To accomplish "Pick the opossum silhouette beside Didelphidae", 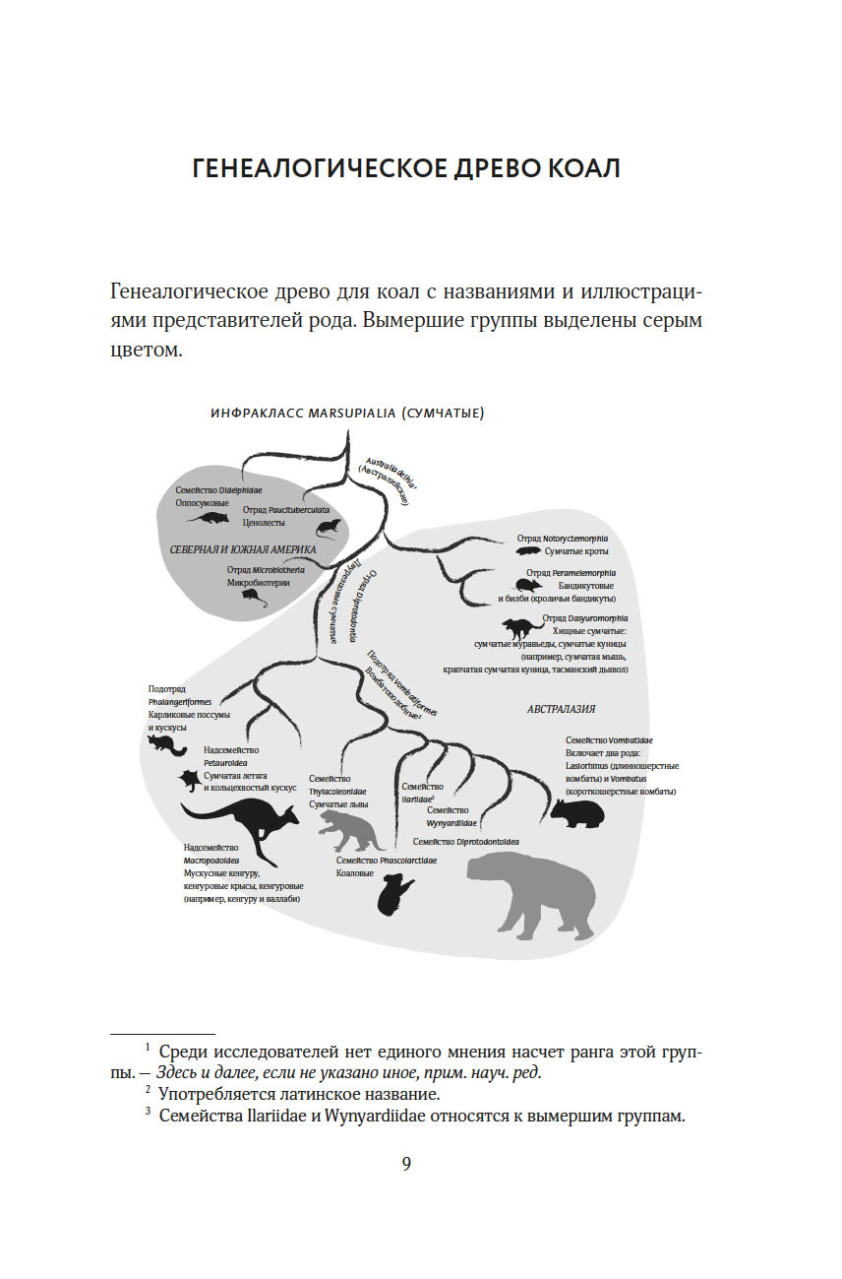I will (x=207, y=518).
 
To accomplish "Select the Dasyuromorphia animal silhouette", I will (x=521, y=627).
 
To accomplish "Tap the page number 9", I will (x=406, y=1164).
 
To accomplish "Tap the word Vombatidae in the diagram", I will (x=627, y=739).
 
